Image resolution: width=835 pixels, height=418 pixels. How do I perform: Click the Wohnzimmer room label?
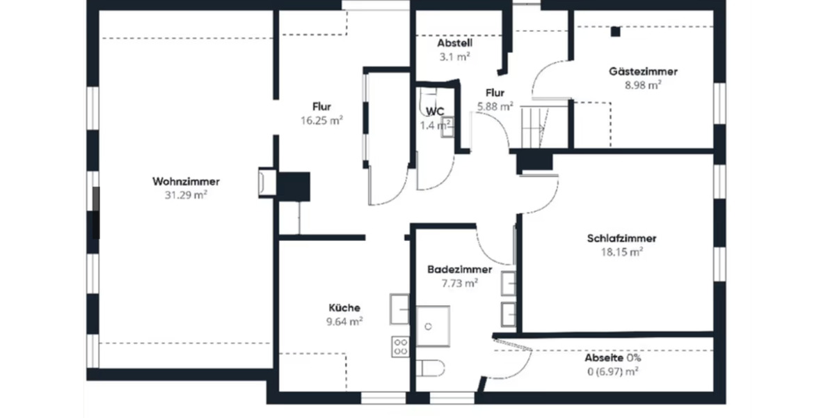[x=181, y=182]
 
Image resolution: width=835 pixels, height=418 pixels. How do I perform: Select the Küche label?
[x=344, y=307]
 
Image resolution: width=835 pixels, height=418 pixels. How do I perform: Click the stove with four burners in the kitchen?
[x=400, y=346]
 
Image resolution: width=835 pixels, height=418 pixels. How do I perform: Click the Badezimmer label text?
[x=460, y=270]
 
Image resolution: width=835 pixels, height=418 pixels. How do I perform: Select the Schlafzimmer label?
[x=621, y=238]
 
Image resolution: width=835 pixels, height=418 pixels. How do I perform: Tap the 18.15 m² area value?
[x=621, y=252]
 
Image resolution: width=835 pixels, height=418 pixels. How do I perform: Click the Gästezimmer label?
[x=643, y=71]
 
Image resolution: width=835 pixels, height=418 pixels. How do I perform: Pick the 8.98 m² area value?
[x=643, y=84]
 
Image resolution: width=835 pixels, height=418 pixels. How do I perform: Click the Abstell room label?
[x=455, y=42]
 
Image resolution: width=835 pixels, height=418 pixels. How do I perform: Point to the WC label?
[x=435, y=111]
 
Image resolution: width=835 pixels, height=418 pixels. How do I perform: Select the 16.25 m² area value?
[x=321, y=120]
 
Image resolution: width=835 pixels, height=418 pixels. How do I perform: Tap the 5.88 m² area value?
[x=495, y=106]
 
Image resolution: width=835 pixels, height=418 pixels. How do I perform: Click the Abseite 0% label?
[x=612, y=357]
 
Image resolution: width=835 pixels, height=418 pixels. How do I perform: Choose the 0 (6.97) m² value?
[x=612, y=371]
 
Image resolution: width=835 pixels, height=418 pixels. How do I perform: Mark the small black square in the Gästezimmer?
[x=615, y=31]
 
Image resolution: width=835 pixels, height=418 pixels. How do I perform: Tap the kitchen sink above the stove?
[x=400, y=309]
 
